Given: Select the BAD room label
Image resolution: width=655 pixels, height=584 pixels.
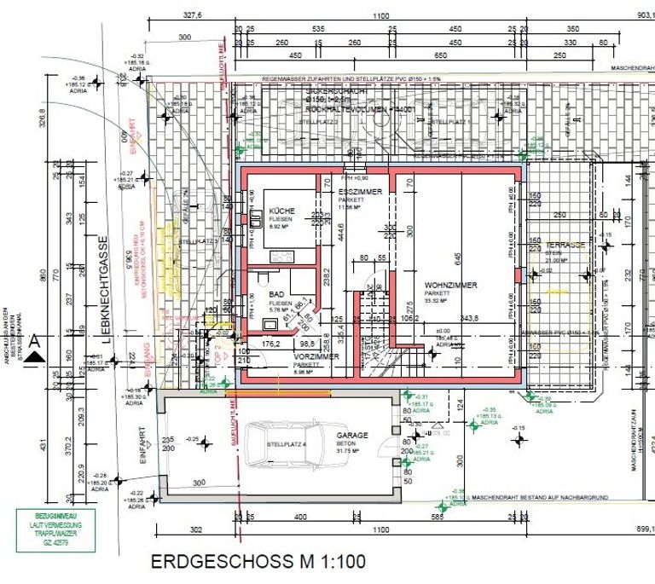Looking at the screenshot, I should tap(276, 293).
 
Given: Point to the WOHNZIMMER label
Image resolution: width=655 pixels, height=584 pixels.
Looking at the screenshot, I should tap(451, 286).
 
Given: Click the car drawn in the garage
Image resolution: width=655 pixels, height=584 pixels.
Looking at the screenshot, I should tap(281, 443).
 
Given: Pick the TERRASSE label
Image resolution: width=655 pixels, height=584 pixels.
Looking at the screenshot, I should tap(565, 245).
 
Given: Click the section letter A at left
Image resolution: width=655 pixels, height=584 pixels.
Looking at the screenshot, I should tap(34, 341).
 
